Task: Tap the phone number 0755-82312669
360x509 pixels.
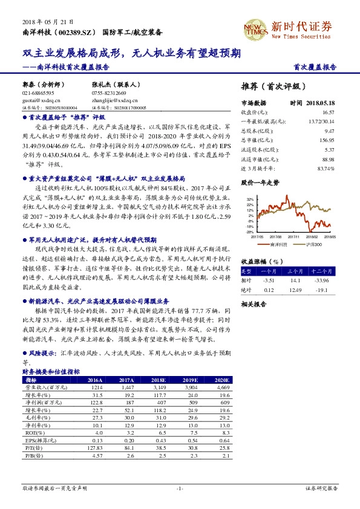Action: (109, 93)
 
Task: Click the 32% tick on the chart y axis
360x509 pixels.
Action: (250, 198)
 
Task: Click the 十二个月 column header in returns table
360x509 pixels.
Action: (321, 272)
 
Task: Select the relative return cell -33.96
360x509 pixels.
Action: (321, 280)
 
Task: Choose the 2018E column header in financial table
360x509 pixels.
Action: (159, 379)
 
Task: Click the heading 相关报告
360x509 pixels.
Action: (254, 305)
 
